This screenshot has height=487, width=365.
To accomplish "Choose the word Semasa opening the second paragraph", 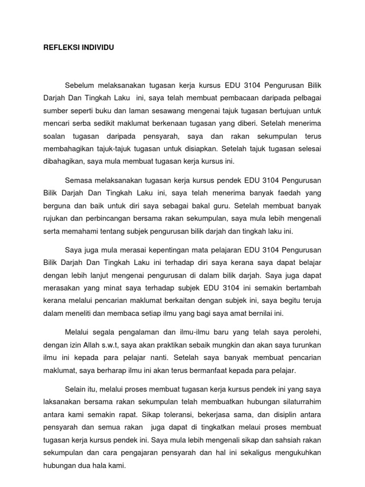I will click(79, 181).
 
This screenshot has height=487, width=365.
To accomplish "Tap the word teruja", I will click(311, 301).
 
